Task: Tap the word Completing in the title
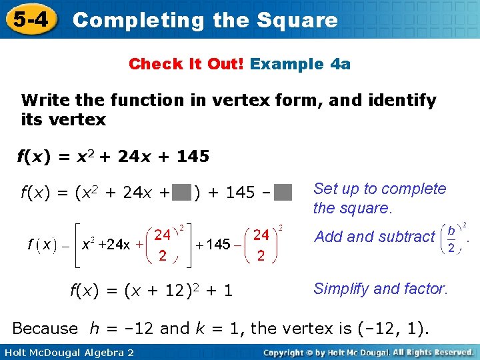[139, 20]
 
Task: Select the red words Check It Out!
[187, 64]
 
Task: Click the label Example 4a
[301, 64]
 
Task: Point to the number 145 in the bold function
[193, 157]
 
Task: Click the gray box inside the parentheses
[182, 193]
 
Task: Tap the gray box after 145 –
[284, 193]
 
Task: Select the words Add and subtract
[374, 237]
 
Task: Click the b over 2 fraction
[451, 238]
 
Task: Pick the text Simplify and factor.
[380, 289]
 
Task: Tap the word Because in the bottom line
[45, 328]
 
